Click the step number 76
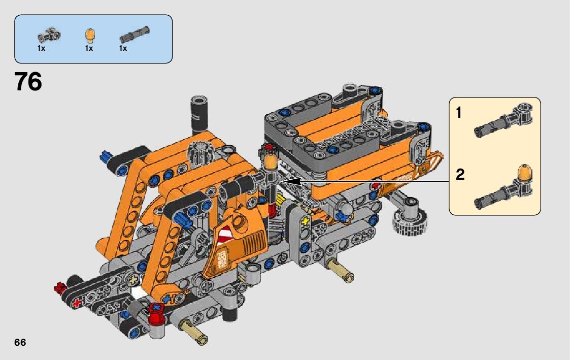click(x=28, y=81)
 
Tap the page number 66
click(x=20, y=343)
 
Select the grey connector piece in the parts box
click(x=49, y=36)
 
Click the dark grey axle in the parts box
click(x=135, y=34)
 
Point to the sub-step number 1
click(x=459, y=113)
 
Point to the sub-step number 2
click(x=460, y=175)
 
